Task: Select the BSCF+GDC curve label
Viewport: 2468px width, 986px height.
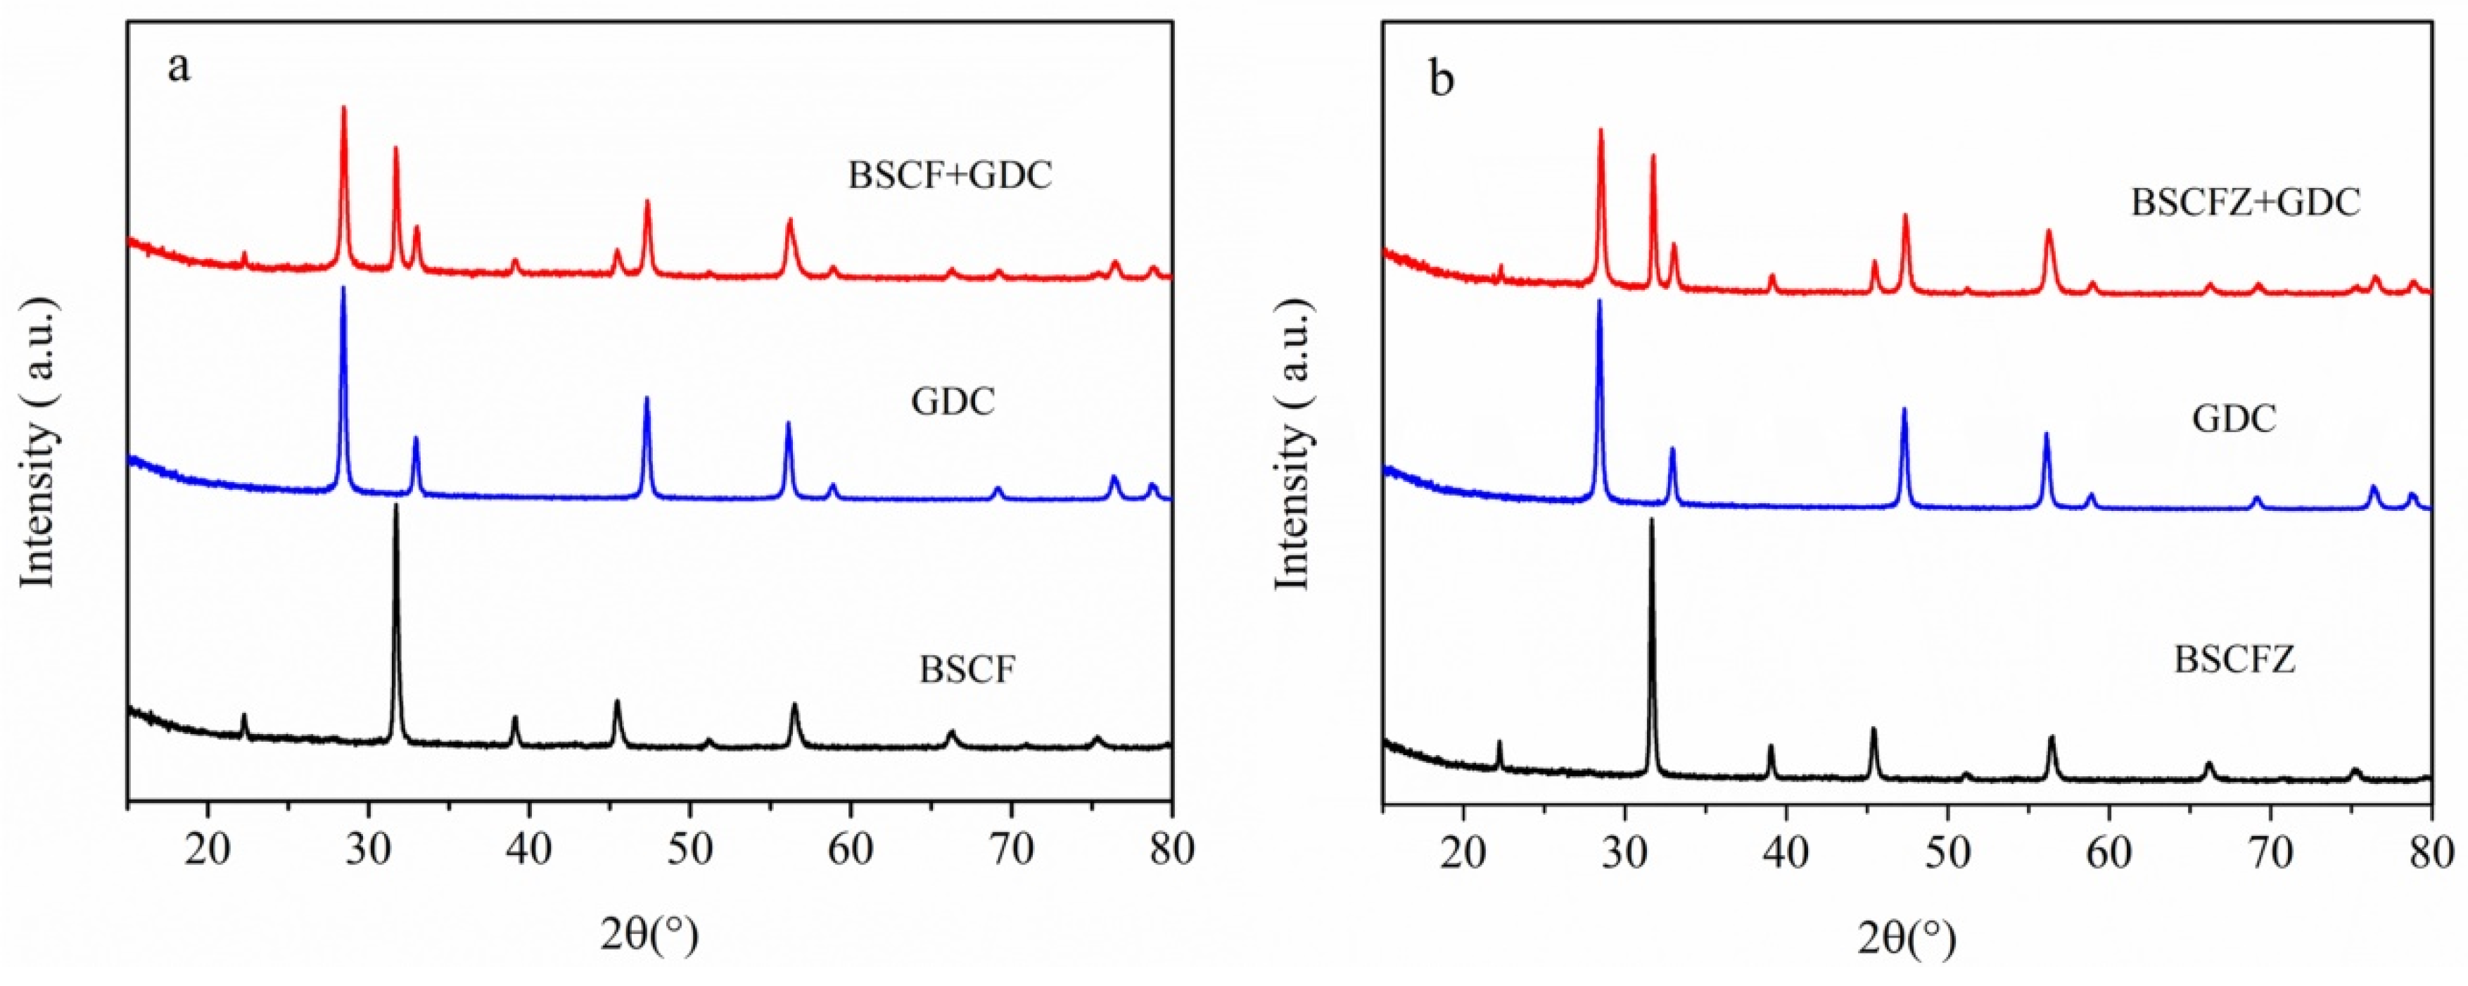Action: click(950, 175)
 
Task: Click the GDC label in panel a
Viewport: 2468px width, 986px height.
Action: click(953, 401)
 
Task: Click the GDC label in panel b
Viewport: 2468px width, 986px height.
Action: click(2233, 419)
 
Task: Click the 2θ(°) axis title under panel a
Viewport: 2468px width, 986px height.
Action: click(649, 930)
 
